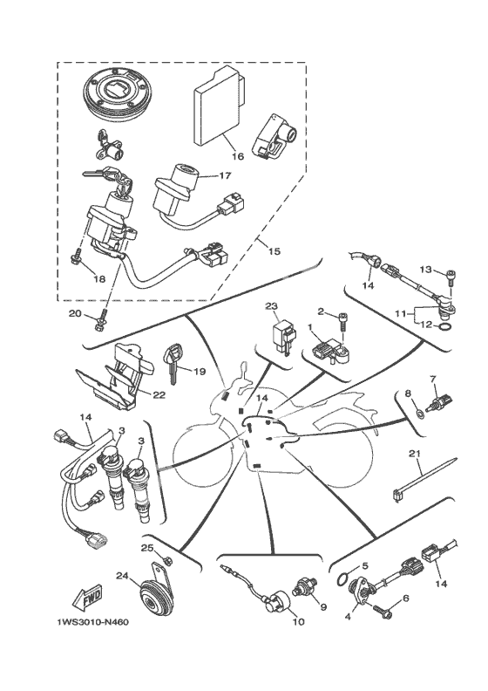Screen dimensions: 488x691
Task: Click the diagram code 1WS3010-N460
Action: (x=93, y=622)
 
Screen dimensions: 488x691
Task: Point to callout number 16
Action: (x=238, y=156)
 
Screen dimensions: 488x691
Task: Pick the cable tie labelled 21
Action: (x=423, y=476)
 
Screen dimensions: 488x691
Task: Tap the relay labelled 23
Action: (x=283, y=337)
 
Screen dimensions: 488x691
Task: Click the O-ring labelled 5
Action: (x=345, y=580)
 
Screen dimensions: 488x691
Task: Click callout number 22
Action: (x=159, y=395)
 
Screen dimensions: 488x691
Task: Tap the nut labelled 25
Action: (x=167, y=560)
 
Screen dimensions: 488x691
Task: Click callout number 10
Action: (x=299, y=622)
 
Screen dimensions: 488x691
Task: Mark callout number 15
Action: (x=274, y=251)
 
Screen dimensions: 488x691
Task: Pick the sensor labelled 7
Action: (x=438, y=401)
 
